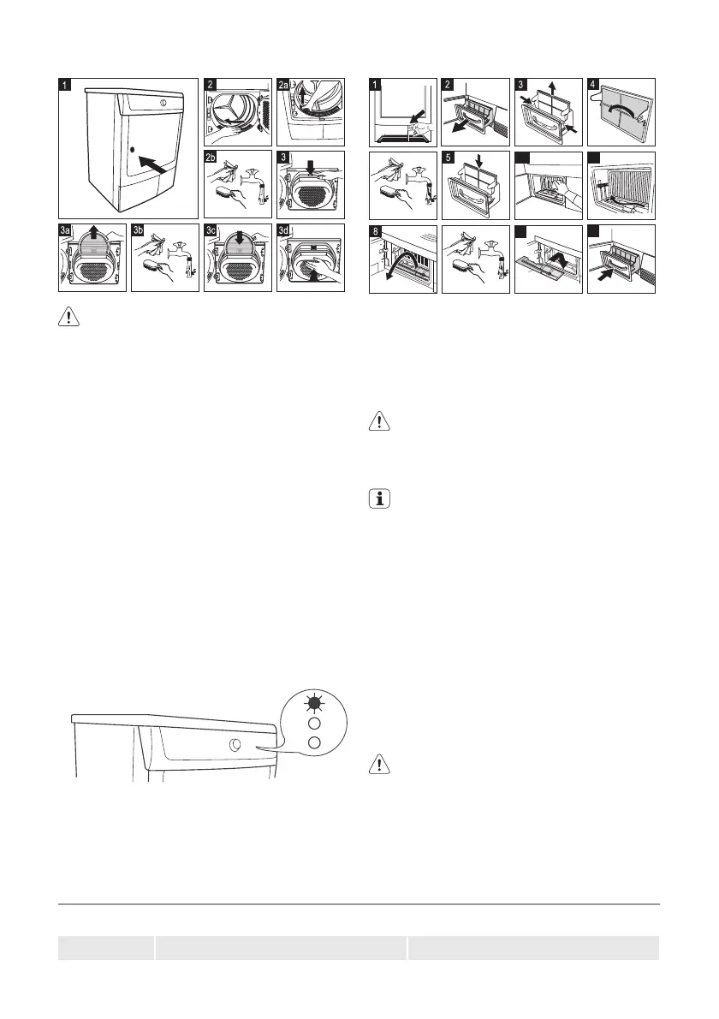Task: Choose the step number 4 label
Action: [594, 85]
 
